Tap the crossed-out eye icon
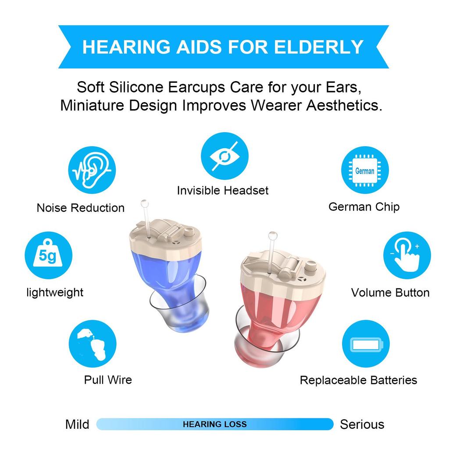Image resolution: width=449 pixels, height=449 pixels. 224,156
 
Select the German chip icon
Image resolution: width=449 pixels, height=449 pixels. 365,170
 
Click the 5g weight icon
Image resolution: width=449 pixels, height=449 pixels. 48,255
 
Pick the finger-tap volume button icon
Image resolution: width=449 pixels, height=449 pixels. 407,255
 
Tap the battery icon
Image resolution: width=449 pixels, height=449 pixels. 365,344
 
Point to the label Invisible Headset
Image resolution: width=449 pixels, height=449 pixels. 223,190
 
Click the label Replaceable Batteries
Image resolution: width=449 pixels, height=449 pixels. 358,380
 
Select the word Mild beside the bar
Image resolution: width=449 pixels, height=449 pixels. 77,424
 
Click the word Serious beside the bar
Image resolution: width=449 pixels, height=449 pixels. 362,424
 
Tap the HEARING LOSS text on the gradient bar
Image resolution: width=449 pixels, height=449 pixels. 214,424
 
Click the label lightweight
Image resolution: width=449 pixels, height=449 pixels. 55,292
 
